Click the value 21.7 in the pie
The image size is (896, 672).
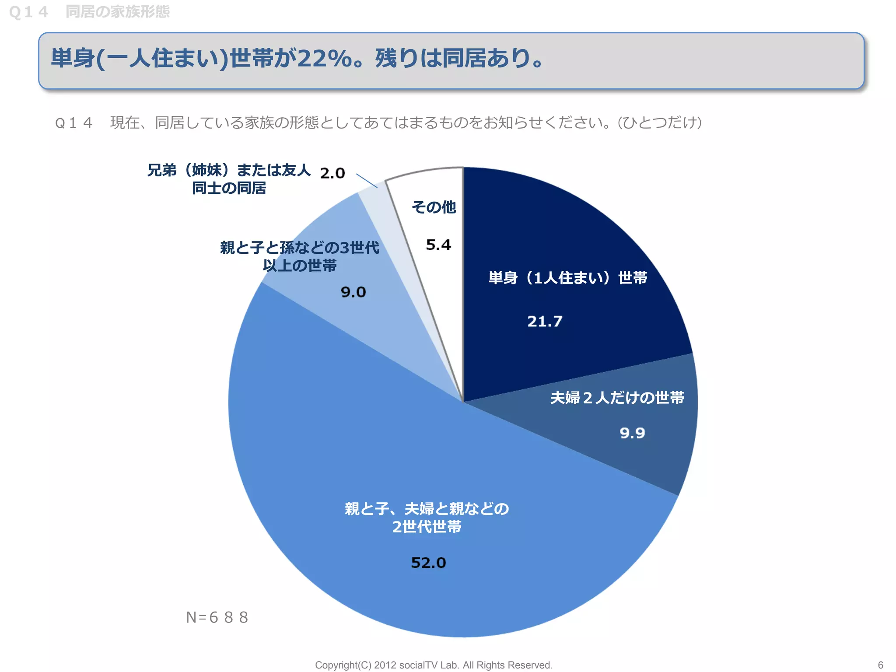[x=545, y=322]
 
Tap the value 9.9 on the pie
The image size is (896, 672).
[x=632, y=433]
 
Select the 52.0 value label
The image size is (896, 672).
[x=428, y=563]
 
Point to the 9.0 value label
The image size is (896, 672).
[x=353, y=292]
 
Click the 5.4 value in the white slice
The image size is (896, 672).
[x=438, y=245]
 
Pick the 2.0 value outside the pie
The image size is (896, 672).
[x=332, y=173]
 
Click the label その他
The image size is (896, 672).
[x=434, y=207]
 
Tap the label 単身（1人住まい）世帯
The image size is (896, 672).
[x=567, y=278]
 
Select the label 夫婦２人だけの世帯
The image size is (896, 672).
[x=617, y=398]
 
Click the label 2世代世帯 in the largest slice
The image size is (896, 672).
[x=427, y=527]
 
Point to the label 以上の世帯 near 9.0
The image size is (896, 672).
[x=300, y=266]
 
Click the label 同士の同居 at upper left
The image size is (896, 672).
[x=229, y=188]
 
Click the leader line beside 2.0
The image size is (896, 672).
[x=367, y=181]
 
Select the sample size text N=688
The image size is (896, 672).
[x=217, y=617]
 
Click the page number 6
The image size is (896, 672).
[x=880, y=665]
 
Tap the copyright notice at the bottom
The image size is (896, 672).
[x=434, y=665]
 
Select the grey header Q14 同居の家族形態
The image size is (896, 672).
[x=89, y=12]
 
